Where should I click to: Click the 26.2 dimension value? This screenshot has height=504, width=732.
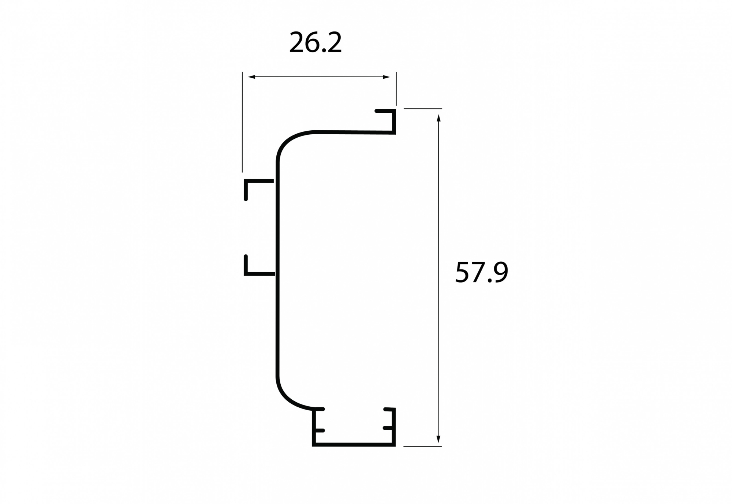point(315,43)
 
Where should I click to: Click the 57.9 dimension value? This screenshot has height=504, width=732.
point(482,272)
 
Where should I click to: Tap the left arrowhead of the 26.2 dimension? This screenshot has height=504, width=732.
point(252,77)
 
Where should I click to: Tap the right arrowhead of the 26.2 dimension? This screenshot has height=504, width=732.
point(386,77)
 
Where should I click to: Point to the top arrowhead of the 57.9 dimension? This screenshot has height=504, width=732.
point(438,118)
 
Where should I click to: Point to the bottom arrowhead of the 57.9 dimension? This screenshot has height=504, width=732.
point(438,439)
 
